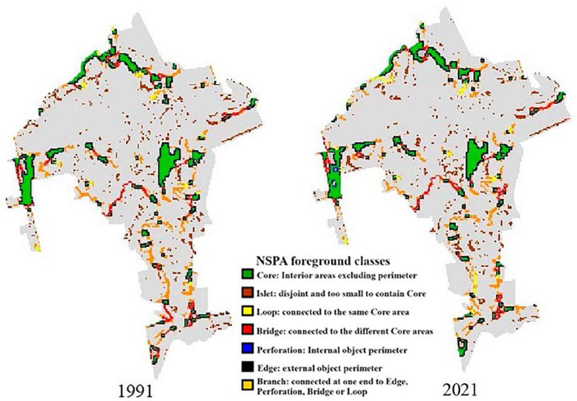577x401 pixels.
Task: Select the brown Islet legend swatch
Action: click(247, 294)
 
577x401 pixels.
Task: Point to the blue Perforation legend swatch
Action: click(247, 350)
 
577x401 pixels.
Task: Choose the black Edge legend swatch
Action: click(247, 368)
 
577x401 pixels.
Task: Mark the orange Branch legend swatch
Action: click(247, 386)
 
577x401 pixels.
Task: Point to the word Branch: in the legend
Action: click(269, 383)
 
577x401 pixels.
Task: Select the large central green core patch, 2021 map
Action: click(476, 159)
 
